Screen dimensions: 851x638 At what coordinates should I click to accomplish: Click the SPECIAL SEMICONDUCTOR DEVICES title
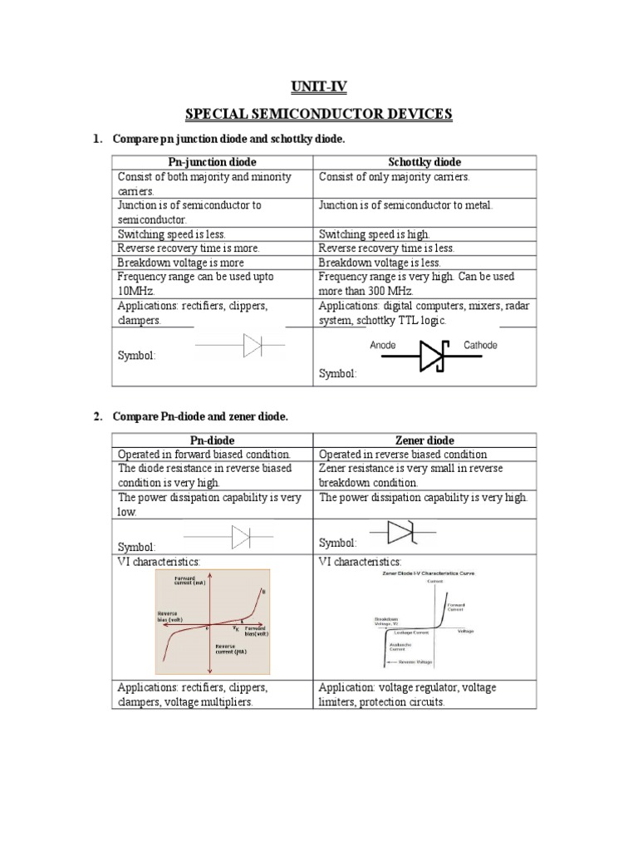[319, 113]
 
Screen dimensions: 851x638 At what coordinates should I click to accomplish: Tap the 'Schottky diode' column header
[425, 162]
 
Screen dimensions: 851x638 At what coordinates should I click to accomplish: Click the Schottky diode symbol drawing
[432, 355]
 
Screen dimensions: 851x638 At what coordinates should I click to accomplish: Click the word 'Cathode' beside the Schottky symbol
[480, 345]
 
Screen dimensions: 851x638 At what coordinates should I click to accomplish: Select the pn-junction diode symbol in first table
[252, 345]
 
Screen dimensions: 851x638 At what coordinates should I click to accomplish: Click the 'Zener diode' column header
[425, 440]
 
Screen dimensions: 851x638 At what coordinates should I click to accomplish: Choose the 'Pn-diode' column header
[212, 440]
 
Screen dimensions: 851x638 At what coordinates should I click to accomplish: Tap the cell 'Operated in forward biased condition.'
[204, 455]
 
